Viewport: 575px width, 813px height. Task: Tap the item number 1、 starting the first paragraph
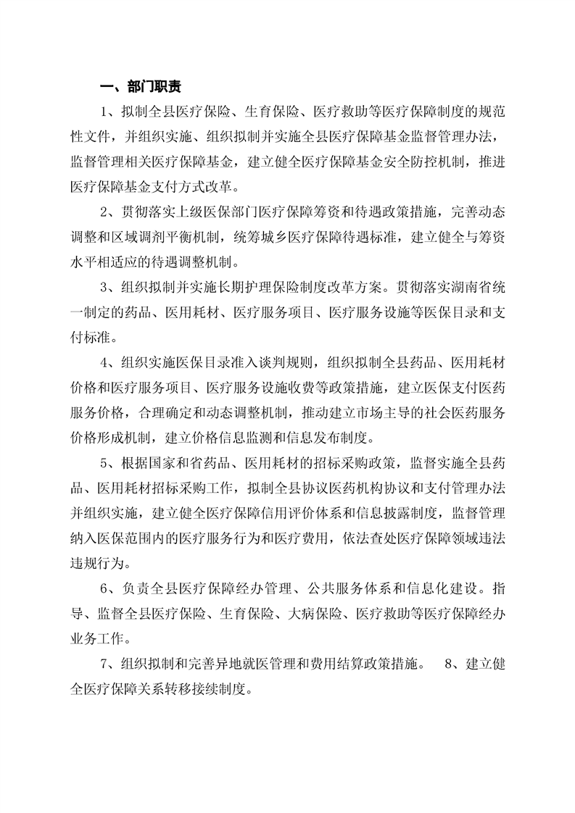tap(109, 111)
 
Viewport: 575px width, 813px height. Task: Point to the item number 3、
tap(109, 287)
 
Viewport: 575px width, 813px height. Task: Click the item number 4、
tap(109, 362)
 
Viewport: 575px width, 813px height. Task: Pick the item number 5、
tap(109, 462)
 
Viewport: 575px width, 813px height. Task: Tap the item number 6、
tap(109, 587)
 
